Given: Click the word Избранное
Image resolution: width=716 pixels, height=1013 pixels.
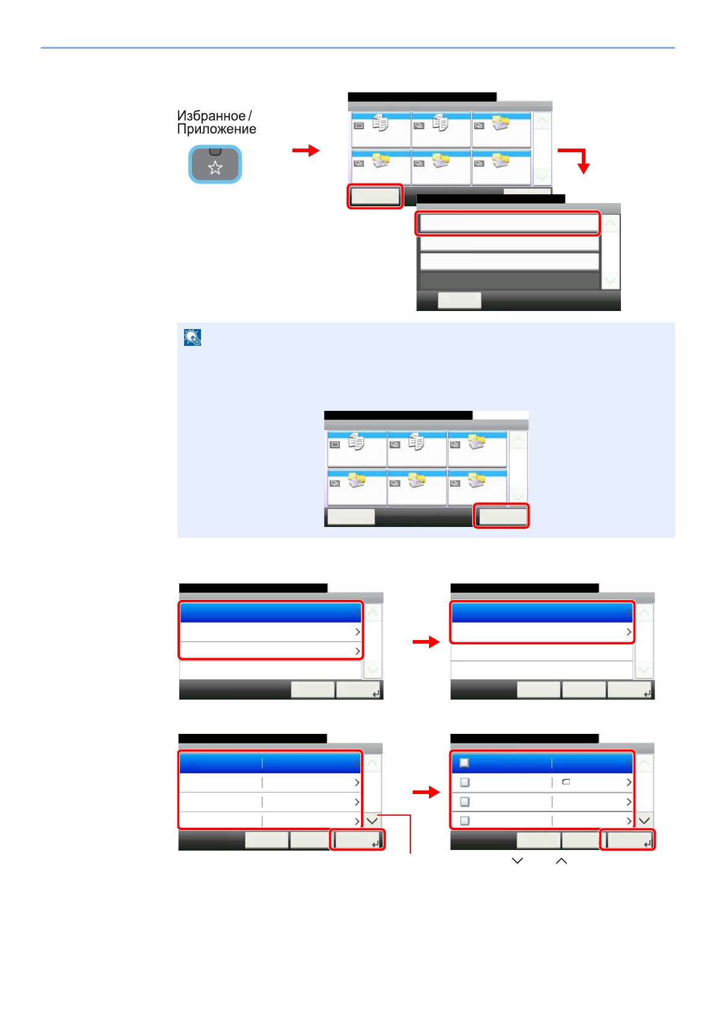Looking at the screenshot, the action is (211, 115).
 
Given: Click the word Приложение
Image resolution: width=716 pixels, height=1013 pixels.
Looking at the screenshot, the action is (217, 129).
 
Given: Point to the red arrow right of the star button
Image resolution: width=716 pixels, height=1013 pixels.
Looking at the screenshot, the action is (306, 150).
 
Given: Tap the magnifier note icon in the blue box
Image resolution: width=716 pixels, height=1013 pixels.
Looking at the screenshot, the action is (193, 337).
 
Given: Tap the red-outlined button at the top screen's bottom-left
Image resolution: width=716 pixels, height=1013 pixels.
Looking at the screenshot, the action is (375, 196).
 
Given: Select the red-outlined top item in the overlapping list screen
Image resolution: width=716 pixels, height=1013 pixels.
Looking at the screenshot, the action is (508, 223).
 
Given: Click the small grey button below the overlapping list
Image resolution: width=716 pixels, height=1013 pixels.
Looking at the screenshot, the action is (459, 300).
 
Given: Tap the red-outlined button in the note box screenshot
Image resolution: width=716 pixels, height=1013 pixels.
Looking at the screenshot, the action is (501, 516).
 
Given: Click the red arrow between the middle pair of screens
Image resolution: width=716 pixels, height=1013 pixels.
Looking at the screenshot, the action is (426, 642).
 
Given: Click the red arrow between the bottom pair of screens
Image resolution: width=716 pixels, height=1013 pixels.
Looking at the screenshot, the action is (426, 792).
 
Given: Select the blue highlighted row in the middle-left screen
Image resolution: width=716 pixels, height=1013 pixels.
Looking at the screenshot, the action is (270, 612).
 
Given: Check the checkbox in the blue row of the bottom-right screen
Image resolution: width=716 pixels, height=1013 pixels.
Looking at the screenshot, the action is (464, 763).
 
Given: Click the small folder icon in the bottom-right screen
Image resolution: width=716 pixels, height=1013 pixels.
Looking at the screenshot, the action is (566, 782).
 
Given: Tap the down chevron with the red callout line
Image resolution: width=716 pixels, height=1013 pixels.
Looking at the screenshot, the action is (372, 821).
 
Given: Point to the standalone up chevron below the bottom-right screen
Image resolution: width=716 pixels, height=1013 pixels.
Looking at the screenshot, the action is (561, 861).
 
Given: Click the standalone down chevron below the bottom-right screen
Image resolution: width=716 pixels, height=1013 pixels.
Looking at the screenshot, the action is (517, 861).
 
